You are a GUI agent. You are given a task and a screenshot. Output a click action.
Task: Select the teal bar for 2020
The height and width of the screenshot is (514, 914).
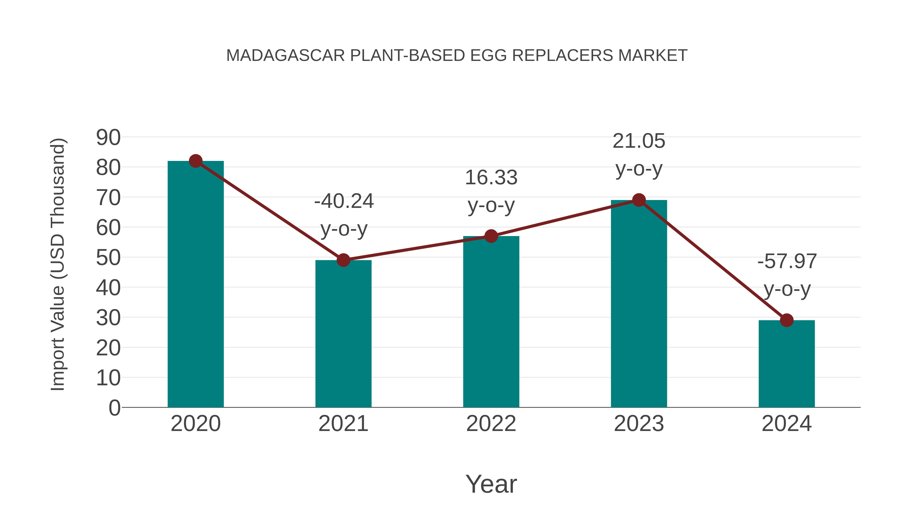195,284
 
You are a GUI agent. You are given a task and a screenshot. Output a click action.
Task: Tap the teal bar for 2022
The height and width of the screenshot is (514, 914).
491,321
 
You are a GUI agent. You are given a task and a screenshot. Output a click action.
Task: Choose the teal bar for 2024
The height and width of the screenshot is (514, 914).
787,363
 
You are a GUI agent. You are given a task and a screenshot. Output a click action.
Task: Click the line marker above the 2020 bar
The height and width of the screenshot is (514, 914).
195,161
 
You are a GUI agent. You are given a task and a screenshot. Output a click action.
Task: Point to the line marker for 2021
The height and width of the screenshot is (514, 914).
343,260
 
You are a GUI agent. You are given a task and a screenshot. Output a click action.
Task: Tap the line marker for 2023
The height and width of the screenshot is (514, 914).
639,200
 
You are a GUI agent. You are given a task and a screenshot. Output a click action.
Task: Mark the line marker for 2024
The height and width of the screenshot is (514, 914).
787,320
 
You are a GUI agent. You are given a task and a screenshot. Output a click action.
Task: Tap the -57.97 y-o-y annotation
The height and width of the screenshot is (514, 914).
787,275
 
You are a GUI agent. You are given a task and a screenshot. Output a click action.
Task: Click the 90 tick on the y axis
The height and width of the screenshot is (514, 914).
108,138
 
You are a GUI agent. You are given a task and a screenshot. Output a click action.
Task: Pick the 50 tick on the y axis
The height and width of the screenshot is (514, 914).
108,258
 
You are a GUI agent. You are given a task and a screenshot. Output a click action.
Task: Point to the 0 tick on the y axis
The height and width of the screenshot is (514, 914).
115,408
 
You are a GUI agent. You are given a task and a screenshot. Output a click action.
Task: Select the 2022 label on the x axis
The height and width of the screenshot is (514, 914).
491,424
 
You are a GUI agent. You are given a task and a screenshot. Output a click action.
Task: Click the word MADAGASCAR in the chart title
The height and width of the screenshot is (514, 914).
286,56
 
